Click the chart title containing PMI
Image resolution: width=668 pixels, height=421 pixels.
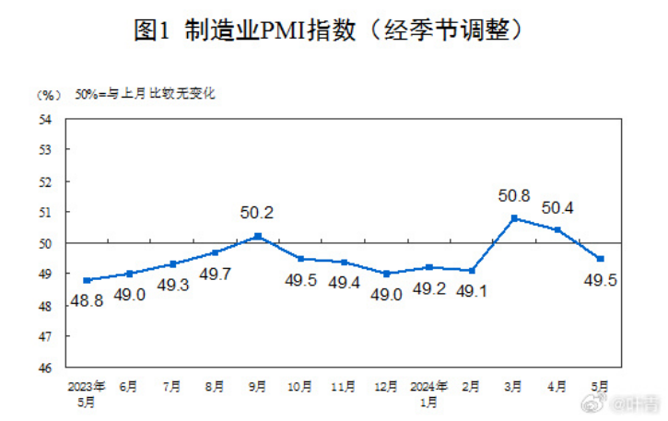(333, 29)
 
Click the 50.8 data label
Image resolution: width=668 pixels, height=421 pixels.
(513, 195)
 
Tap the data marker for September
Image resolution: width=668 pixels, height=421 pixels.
(258, 236)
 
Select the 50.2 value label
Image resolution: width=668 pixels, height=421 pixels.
(257, 213)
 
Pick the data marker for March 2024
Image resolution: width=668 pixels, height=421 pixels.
(514, 217)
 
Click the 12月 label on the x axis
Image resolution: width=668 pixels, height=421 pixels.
(387, 385)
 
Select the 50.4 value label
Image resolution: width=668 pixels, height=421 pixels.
(558, 208)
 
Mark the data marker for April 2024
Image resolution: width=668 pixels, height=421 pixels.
(557, 229)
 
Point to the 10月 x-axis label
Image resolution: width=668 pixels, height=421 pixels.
(301, 385)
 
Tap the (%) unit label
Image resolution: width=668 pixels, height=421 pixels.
(48, 95)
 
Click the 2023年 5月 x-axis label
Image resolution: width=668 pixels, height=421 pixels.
(87, 391)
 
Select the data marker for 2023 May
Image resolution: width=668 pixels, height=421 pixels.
(87, 280)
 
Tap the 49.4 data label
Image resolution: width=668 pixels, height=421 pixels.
(344, 284)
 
